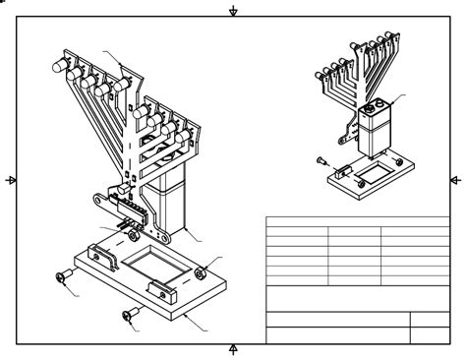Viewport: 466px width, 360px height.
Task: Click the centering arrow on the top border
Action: pos(233,11)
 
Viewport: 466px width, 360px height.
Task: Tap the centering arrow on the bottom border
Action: pos(233,349)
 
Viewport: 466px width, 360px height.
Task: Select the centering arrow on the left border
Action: pos(11,180)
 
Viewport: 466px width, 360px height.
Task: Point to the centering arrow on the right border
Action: pos(454,180)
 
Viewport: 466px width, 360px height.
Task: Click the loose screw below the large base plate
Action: pos(130,316)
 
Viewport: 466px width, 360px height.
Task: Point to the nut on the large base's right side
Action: pos(202,271)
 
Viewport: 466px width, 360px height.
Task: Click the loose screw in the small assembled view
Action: pos(321,159)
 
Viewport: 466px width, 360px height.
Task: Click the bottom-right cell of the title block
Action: pos(430,335)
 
